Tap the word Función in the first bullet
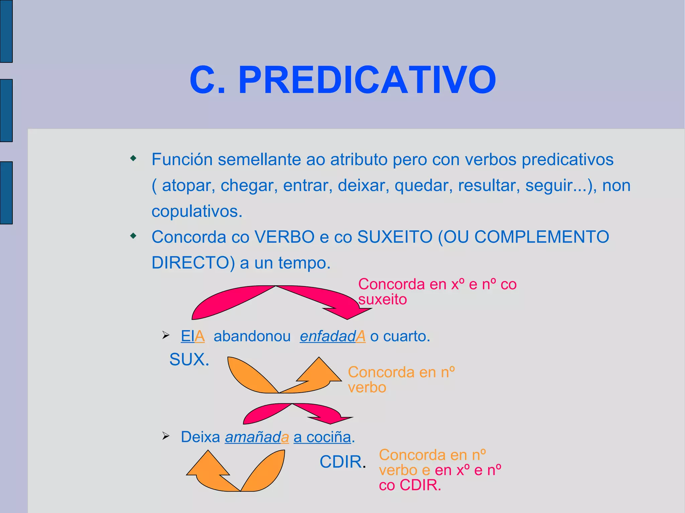tap(182, 159)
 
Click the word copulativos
tap(197, 211)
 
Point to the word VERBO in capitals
tap(285, 237)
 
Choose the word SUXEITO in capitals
tap(395, 237)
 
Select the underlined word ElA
tap(193, 336)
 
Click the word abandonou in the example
tap(252, 336)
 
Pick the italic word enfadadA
tap(332, 336)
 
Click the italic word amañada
tap(257, 437)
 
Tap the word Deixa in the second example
tap(200, 437)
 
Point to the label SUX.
tap(189, 360)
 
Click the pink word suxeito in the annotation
tap(383, 299)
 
